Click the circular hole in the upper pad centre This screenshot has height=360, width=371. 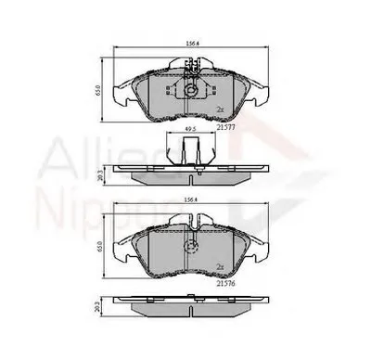(189, 90)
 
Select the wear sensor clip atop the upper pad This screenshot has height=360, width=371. (192, 67)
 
